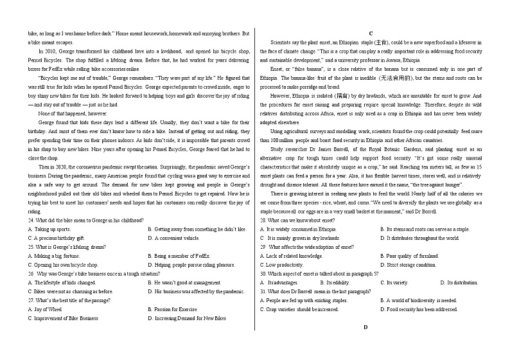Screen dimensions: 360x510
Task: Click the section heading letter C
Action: (371, 33)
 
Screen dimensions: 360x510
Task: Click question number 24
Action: (31, 220)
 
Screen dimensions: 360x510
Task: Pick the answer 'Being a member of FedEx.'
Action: (180, 255)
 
